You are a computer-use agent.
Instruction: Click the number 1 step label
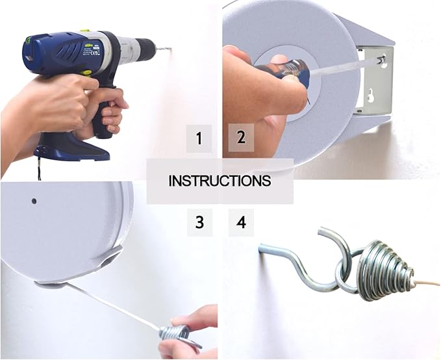(199, 138)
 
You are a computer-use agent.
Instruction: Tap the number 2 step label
(241, 138)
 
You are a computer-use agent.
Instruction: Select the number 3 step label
(199, 223)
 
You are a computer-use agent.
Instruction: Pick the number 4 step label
(241, 223)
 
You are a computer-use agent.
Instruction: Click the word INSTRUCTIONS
(220, 181)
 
